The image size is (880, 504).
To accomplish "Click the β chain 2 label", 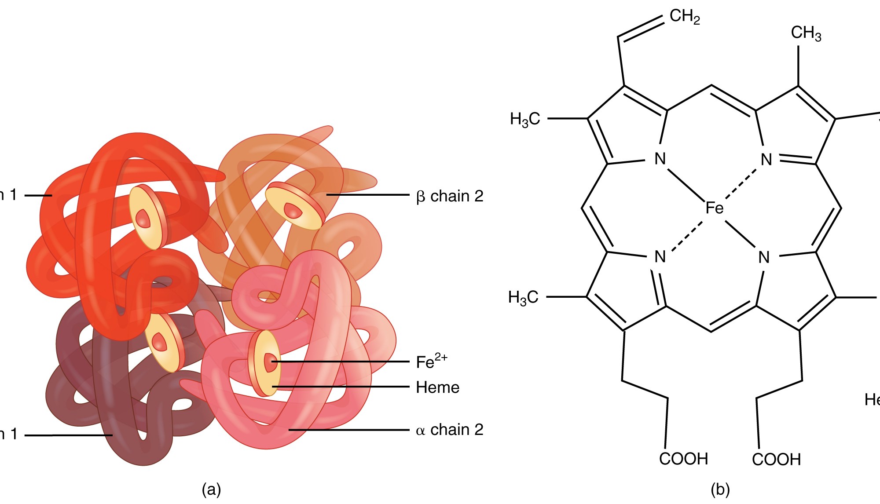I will [x=449, y=196].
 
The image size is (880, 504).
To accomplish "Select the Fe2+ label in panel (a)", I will [x=431, y=361].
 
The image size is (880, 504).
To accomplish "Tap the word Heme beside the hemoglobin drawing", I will [x=437, y=387].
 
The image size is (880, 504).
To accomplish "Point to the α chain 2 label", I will [x=449, y=430].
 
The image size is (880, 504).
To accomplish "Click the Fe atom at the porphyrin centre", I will [x=714, y=208].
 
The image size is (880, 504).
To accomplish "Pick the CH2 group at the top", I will [x=685, y=17].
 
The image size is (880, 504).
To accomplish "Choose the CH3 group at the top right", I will [x=806, y=33].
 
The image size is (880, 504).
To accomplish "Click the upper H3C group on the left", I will [x=525, y=119].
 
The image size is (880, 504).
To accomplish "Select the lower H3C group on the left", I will [x=523, y=297].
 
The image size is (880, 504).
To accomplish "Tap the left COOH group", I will [x=683, y=459].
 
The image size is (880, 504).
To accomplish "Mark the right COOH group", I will [x=776, y=459].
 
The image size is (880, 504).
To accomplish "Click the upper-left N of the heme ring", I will [x=660, y=159].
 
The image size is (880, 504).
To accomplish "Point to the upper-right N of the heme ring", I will [x=766, y=159].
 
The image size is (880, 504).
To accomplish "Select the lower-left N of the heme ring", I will [x=660, y=257].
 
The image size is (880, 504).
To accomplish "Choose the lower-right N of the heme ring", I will [x=764, y=257].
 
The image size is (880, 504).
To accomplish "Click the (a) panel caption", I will [x=211, y=489].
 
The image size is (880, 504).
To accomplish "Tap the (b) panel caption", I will [x=720, y=489].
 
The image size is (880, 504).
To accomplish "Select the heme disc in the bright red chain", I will [x=147, y=217].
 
